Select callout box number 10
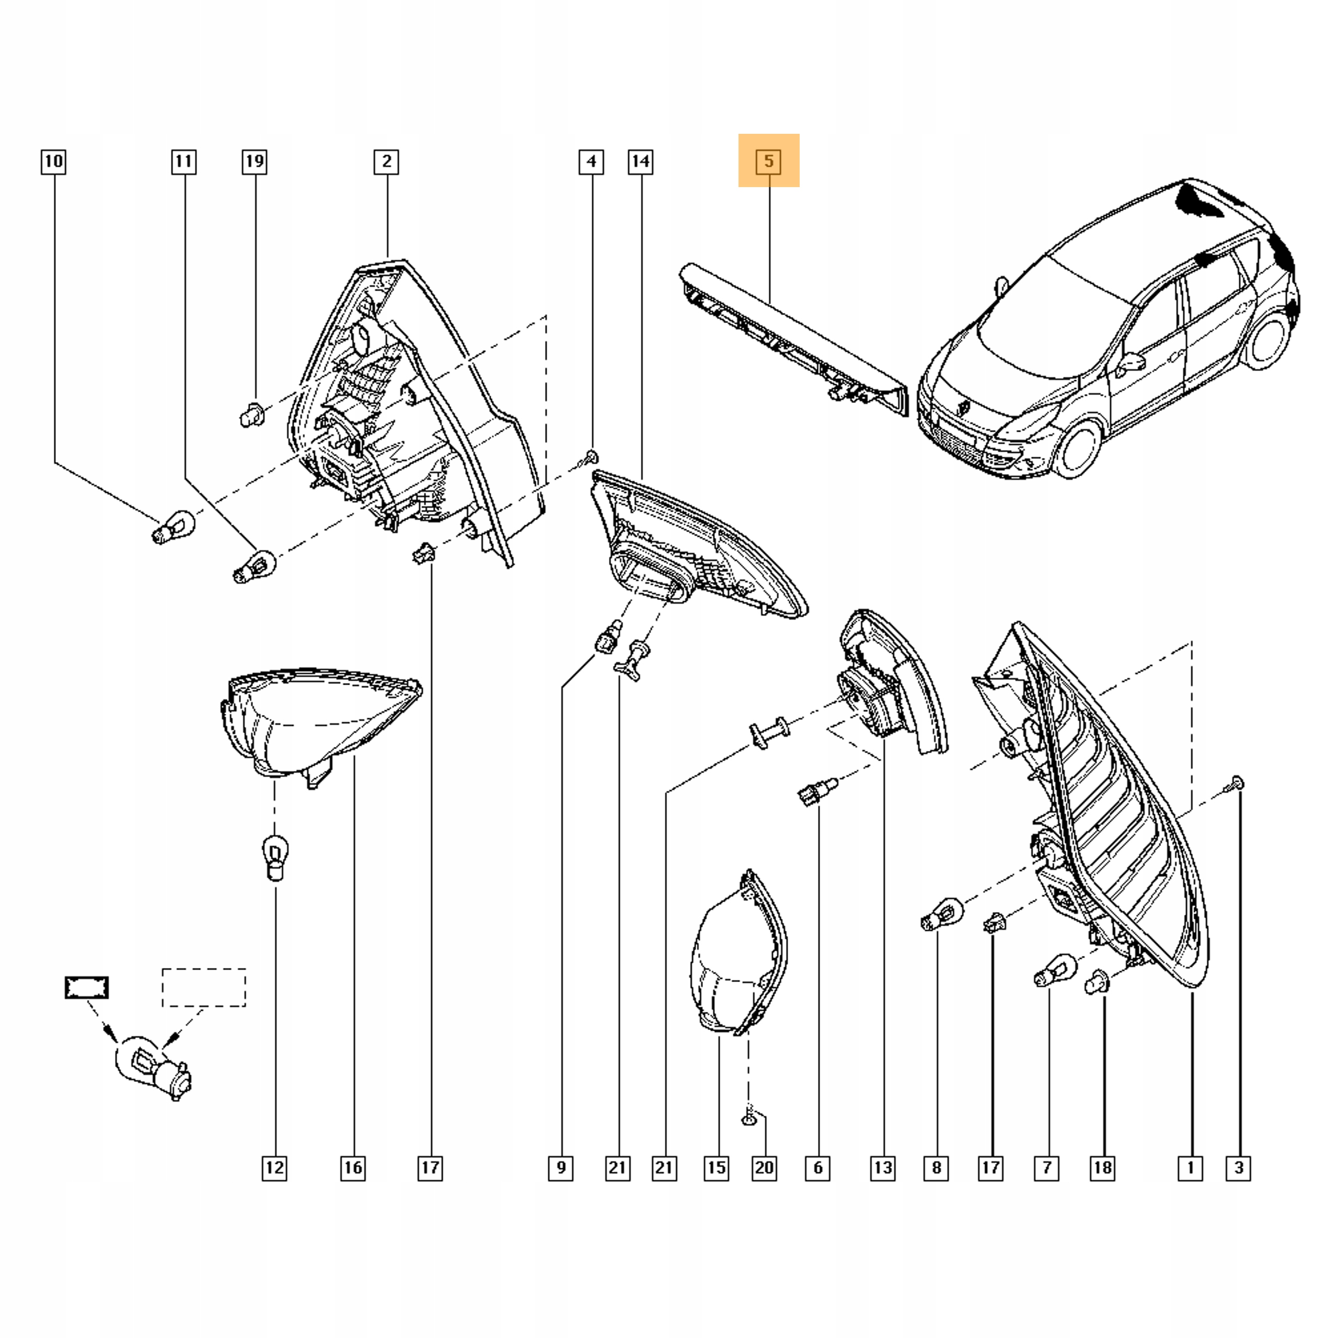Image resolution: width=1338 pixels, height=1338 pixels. [x=53, y=162]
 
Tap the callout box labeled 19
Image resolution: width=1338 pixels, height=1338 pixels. [x=254, y=162]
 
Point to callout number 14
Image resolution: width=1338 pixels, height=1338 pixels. [x=641, y=162]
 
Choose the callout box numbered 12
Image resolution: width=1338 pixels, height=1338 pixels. [x=274, y=1168]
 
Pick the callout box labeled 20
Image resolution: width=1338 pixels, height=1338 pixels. [x=764, y=1168]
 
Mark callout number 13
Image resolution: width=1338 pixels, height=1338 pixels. [x=883, y=1168]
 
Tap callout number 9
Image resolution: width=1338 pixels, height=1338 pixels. [x=560, y=1168]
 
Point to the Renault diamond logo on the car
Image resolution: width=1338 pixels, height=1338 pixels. [x=964, y=407]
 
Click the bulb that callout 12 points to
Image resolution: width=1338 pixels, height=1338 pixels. [x=275, y=857]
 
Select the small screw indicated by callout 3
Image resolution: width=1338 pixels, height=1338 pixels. [x=1236, y=785]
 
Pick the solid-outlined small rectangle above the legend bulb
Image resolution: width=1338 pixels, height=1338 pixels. [x=87, y=988]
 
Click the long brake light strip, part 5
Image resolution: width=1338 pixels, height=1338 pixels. [x=790, y=332]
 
